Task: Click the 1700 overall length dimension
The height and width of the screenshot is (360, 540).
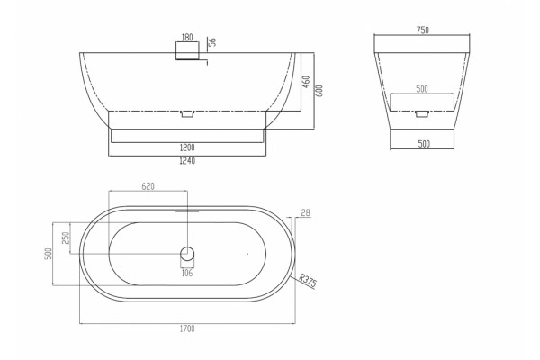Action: click(187, 328)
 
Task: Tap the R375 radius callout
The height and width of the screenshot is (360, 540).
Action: click(307, 281)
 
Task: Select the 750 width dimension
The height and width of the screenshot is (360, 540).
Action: click(423, 31)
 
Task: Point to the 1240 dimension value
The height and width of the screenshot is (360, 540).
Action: click(187, 161)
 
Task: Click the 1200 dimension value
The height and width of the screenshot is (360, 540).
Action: click(187, 148)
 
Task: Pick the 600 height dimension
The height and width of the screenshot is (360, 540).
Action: click(319, 91)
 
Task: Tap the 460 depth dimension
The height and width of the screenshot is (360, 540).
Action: click(306, 82)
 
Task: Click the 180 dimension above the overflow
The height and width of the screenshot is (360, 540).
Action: click(187, 37)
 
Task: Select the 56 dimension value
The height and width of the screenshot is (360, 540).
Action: click(212, 42)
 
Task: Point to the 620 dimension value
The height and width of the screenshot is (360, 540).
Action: click(148, 186)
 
